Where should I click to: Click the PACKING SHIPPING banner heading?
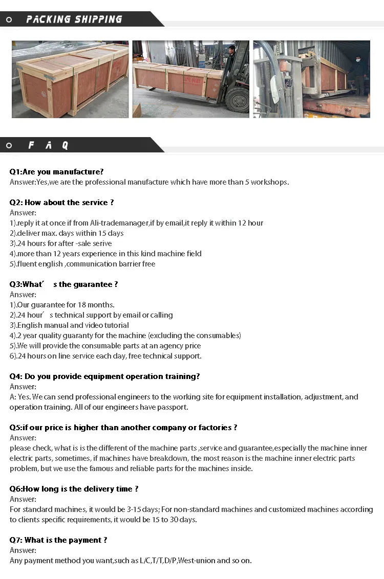[x=74, y=19]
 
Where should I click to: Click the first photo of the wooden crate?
[x=70, y=79]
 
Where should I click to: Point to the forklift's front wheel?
[x=237, y=99]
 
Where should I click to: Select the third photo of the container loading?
[x=311, y=79]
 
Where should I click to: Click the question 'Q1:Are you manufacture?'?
[x=56, y=172]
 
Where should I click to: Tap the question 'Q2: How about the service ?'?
[x=61, y=203]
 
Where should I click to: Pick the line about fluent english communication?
[x=82, y=264]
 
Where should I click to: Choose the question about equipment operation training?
[x=104, y=376]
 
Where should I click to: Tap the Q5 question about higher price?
[x=123, y=428]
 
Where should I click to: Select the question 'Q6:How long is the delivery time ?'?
[x=74, y=489]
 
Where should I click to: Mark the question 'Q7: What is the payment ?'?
[x=58, y=540]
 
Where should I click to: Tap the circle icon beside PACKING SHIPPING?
[x=9, y=19]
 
